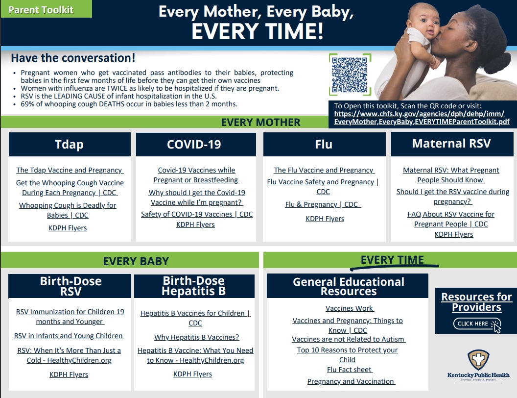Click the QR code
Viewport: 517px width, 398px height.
[x=350, y=74]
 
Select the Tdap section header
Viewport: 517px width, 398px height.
[x=70, y=145]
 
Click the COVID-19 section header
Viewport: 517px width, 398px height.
[x=196, y=145]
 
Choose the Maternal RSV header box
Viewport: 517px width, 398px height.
[x=451, y=144]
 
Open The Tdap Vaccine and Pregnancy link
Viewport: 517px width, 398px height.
[x=70, y=170]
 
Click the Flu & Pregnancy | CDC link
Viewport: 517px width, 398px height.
[x=323, y=204]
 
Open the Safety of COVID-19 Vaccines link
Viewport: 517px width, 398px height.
[x=197, y=214]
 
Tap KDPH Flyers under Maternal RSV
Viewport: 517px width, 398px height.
[x=454, y=234]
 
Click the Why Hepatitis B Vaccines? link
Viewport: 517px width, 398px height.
[x=197, y=337]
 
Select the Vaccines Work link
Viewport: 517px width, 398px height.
[x=350, y=308]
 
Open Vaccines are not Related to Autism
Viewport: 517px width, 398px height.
[x=349, y=339]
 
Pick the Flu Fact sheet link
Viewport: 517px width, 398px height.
[x=350, y=370]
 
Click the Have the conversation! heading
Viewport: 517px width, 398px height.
[x=73, y=58]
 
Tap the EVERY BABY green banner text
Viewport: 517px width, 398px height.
[x=136, y=261]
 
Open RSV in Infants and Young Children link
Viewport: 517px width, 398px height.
[x=69, y=336]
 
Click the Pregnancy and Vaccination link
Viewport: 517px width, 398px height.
[x=351, y=381]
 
